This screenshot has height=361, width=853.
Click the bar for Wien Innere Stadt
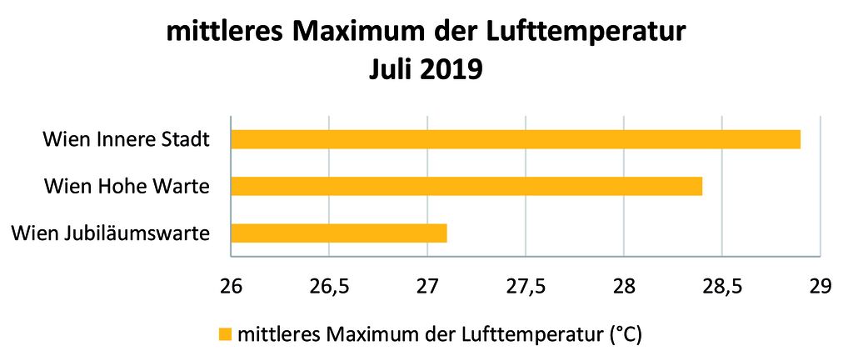pyautogui.click(x=515, y=138)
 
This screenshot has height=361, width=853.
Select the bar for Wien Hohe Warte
pyautogui.click(x=466, y=185)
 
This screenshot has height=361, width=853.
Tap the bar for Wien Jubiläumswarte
pyautogui.click(x=338, y=233)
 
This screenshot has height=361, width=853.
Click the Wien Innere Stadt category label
pyautogui.click(x=126, y=138)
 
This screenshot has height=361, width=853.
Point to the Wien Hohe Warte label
pyautogui.click(x=126, y=185)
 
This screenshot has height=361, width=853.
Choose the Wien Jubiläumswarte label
pyautogui.click(x=110, y=233)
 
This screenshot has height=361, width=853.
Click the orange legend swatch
pyautogui.click(x=225, y=335)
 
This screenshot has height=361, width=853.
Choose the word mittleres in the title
pyautogui.click(x=223, y=33)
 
